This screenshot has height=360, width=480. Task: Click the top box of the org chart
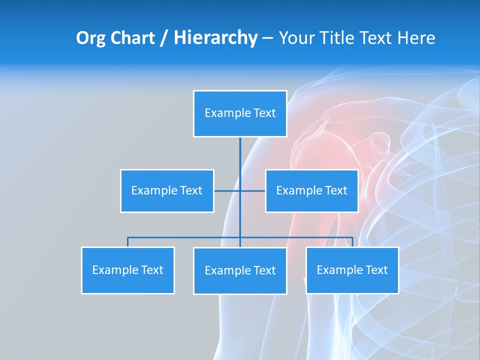click(x=240, y=113)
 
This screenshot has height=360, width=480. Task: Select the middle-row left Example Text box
click(x=167, y=190)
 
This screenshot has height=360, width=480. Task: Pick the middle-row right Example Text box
click(x=311, y=190)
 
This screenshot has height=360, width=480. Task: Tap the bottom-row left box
click(x=128, y=270)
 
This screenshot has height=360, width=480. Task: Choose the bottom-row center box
click(x=240, y=270)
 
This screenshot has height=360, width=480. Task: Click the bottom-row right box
click(x=352, y=270)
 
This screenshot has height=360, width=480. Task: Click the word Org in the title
click(x=89, y=38)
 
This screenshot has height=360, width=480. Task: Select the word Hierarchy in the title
click(x=215, y=38)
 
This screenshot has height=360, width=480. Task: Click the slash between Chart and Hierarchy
click(x=163, y=38)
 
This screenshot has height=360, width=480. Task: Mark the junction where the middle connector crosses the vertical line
click(x=240, y=190)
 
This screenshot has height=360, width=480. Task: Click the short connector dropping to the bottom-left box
click(x=128, y=242)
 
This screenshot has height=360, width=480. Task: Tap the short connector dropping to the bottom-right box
click(x=352, y=242)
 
